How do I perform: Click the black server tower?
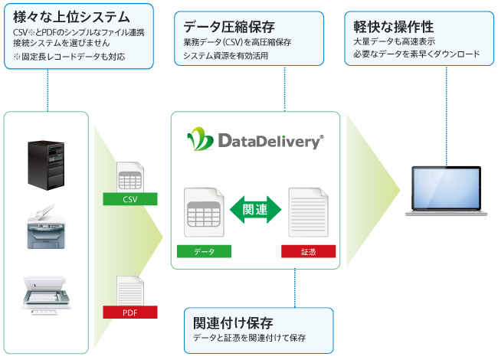point(46,165)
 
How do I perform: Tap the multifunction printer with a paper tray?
point(46,227)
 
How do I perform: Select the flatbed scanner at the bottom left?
point(47,295)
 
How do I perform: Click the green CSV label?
point(130,199)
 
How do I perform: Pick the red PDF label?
point(130,313)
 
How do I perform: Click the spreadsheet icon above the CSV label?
point(130,177)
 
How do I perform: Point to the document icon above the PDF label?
point(130,291)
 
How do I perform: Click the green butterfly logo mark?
point(200,139)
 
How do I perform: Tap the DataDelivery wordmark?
point(271,141)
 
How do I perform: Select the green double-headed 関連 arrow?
point(255,210)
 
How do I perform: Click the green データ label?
point(204,251)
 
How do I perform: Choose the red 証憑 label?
point(308,251)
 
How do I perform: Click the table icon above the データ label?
point(204,212)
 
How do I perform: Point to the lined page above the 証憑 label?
point(308,212)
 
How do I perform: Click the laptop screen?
point(446,188)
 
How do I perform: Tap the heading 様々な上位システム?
point(71,17)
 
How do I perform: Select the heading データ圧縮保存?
point(229,27)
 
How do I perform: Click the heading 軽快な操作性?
point(394,27)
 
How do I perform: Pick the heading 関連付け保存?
point(233,323)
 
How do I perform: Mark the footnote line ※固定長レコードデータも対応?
point(69,57)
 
